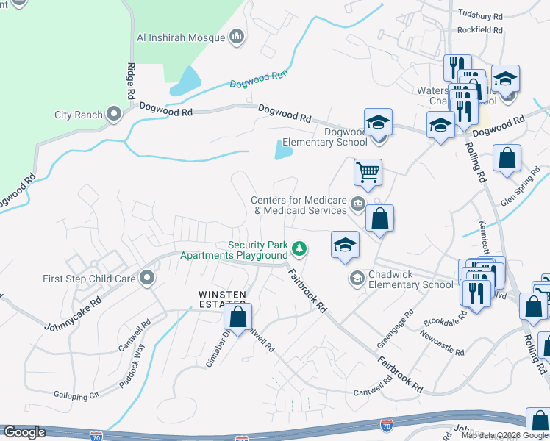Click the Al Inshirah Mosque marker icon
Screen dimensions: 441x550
(237, 36)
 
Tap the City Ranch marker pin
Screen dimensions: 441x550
(114, 114)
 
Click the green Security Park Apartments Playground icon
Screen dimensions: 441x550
(299, 250)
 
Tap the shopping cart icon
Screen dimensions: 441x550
(368, 173)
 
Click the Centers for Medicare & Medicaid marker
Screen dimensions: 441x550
(358, 204)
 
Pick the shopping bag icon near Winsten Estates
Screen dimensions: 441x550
(238, 318)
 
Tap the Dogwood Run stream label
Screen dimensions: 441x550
(259, 79)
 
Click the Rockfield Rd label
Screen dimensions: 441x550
(479, 30)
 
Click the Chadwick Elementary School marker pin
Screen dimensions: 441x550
(357, 277)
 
